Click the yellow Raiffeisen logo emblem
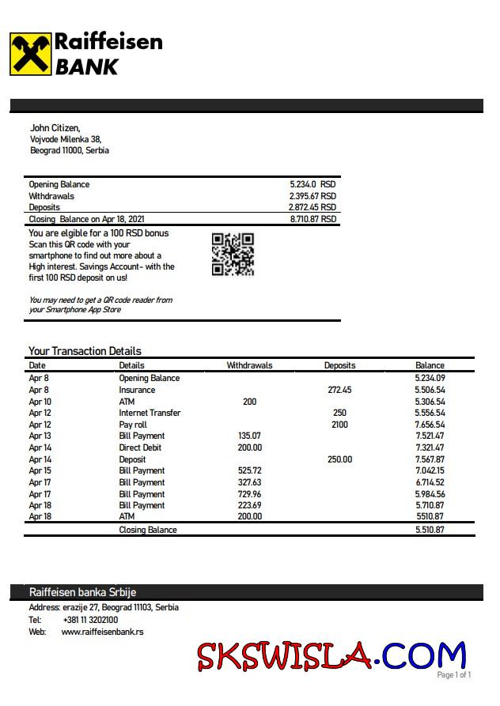(x=30, y=54)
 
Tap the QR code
(x=233, y=255)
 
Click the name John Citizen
(x=55, y=127)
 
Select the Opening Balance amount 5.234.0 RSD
(x=312, y=184)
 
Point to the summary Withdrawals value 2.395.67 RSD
(x=312, y=196)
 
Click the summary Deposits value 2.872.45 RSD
(x=312, y=207)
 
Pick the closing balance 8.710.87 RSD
(x=312, y=219)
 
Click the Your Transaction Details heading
(x=85, y=351)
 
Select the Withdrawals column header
(x=249, y=365)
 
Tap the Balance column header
(x=430, y=365)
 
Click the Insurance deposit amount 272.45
(x=339, y=390)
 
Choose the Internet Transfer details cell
(x=150, y=413)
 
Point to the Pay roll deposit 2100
(x=339, y=425)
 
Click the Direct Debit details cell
(x=140, y=447)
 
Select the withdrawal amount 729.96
(x=249, y=494)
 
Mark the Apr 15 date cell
(x=40, y=470)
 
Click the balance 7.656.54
(x=430, y=425)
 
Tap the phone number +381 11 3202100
(x=90, y=620)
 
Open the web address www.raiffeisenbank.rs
(x=102, y=632)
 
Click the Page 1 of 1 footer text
(x=454, y=674)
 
